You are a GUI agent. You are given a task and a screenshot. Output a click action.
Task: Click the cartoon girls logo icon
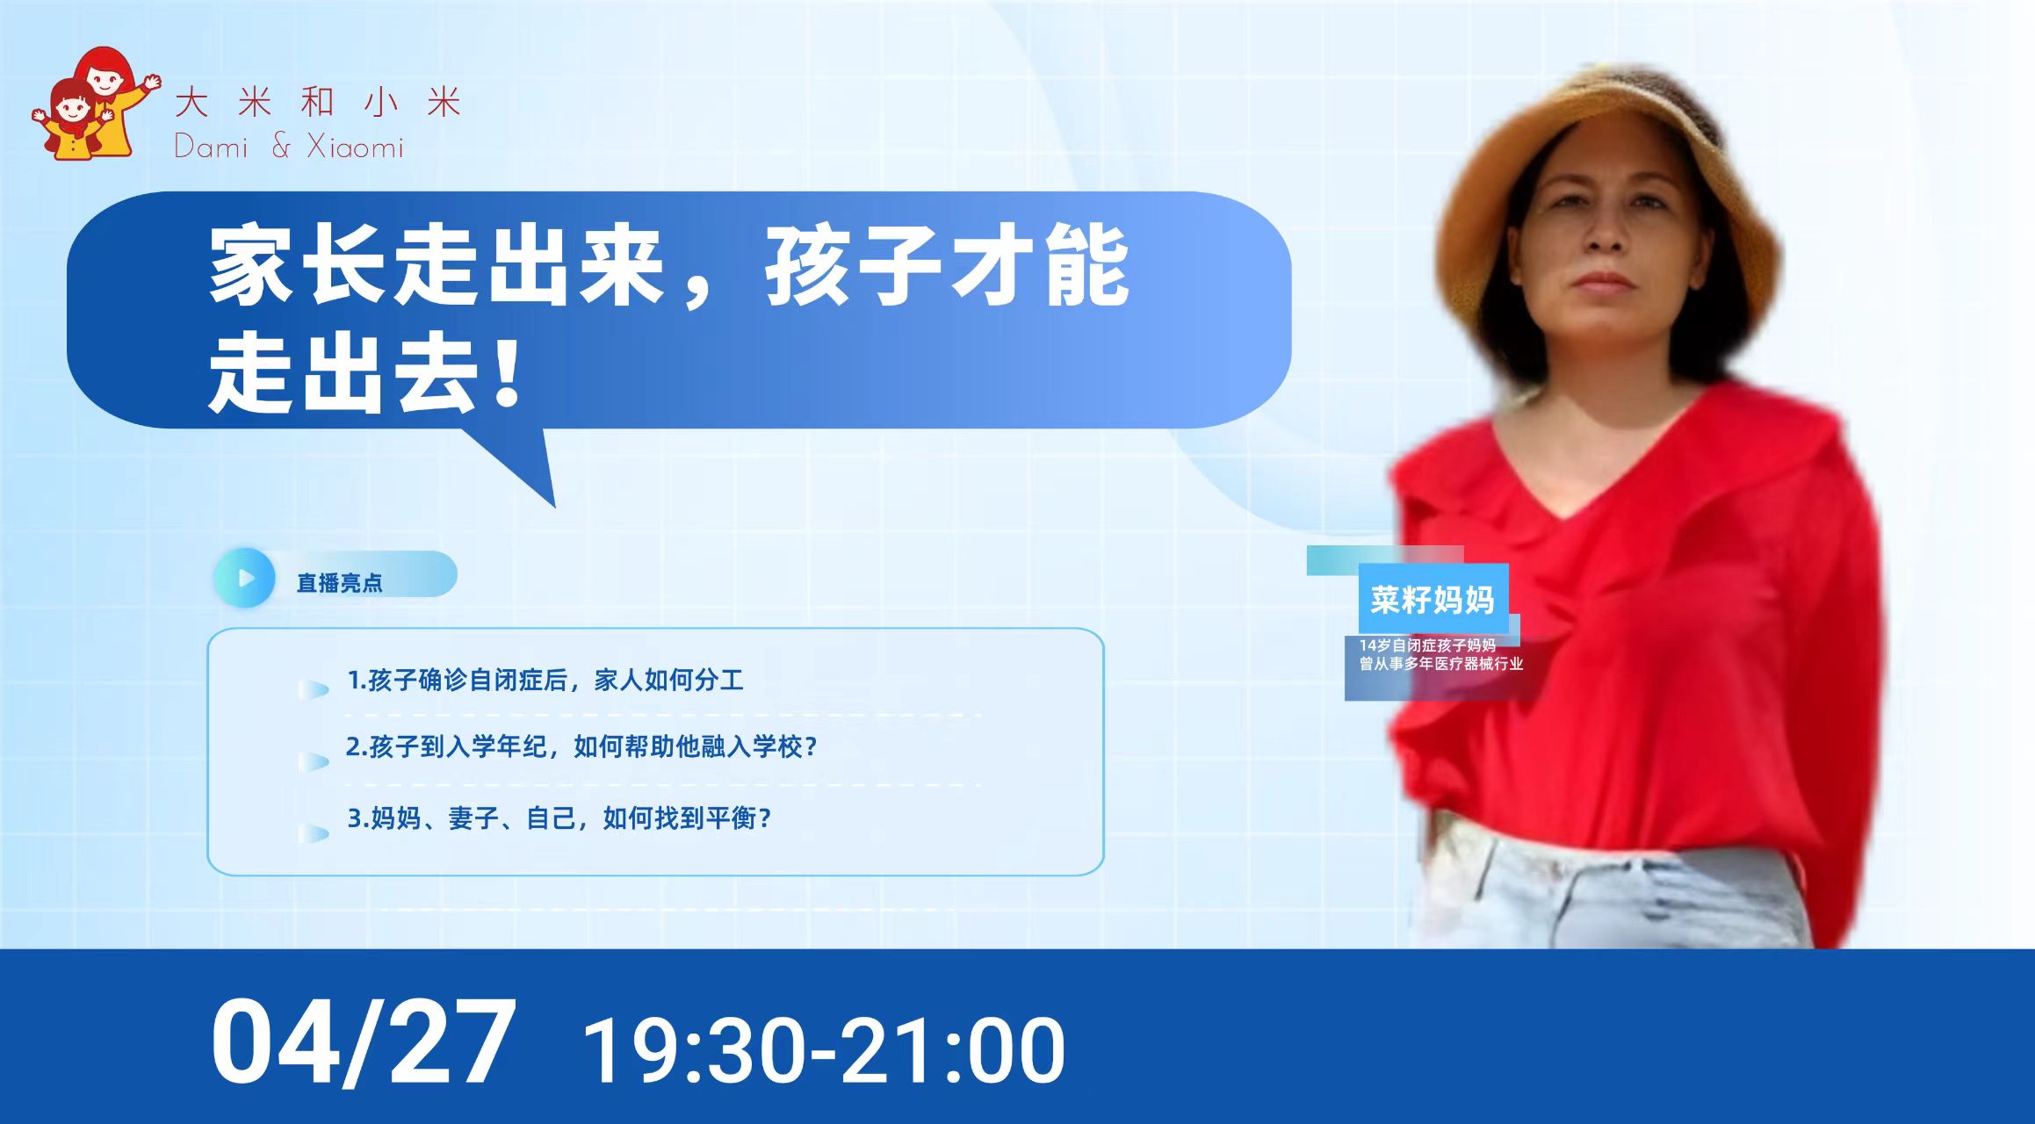pos(95,104)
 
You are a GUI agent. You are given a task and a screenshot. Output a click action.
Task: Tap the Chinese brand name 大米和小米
pos(318,103)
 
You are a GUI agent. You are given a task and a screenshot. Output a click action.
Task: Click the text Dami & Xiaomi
pos(289,146)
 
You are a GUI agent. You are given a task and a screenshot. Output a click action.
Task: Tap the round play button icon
pos(245,578)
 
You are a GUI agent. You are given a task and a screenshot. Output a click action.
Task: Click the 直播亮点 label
pos(340,583)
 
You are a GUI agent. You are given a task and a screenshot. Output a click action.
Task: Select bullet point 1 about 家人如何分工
pos(545,681)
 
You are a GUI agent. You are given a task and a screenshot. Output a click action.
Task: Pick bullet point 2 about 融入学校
pos(581,747)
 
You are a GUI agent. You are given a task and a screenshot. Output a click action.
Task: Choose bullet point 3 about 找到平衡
pos(559,818)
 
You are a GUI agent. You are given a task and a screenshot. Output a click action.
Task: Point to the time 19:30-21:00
pos(824,1050)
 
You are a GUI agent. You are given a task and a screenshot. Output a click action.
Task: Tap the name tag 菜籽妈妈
pos(1432,601)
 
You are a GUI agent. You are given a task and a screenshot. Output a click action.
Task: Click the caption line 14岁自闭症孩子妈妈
pos(1427,645)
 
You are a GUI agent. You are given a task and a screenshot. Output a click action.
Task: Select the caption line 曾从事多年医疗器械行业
pos(1441,664)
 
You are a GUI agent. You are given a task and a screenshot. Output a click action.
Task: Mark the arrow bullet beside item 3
pos(314,832)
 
